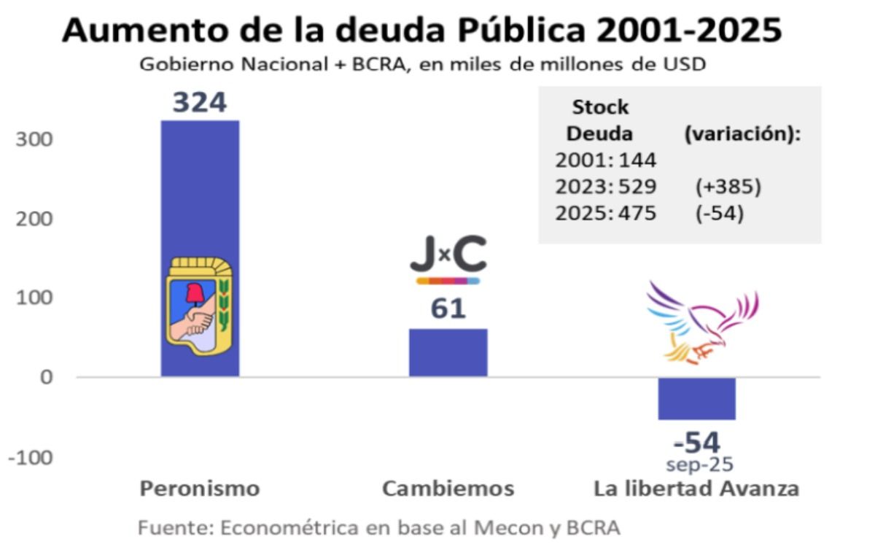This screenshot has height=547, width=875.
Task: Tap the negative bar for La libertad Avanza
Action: (697, 398)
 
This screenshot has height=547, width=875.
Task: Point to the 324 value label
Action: (200, 103)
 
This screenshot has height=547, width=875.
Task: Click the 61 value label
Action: (448, 309)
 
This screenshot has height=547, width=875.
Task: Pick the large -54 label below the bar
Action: (697, 443)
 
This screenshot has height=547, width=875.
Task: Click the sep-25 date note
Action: (699, 465)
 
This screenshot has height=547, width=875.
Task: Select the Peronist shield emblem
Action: (199, 306)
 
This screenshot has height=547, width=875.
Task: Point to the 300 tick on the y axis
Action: (34, 139)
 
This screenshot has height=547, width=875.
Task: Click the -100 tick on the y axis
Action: (31, 457)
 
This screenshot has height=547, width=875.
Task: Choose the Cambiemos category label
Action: (448, 488)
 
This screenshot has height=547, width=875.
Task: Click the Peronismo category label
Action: (200, 488)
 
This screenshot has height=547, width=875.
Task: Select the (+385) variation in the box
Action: (727, 187)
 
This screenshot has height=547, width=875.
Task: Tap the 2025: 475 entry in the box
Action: (605, 214)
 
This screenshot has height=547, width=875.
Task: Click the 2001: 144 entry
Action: (605, 160)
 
